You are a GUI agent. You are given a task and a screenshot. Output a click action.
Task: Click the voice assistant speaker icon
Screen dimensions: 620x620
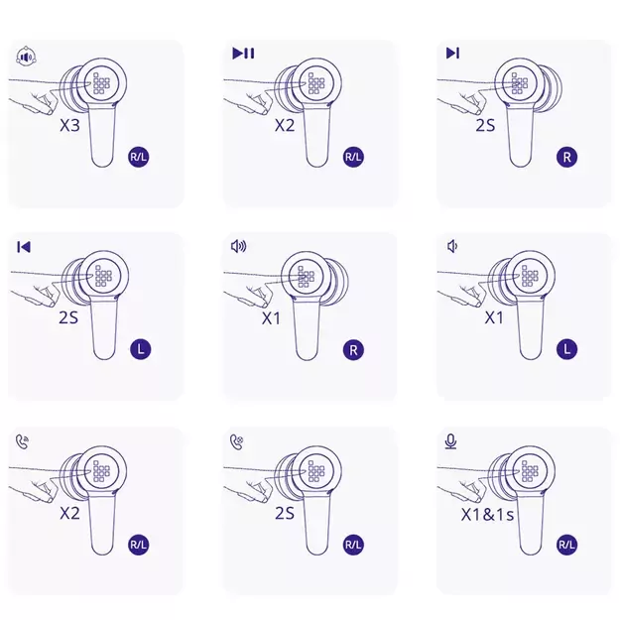pyautogui.click(x=27, y=57)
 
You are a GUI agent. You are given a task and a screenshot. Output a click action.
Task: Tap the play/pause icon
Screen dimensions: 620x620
pyautogui.click(x=243, y=53)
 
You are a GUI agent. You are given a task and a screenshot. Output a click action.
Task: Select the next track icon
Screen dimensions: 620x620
pyautogui.click(x=452, y=53)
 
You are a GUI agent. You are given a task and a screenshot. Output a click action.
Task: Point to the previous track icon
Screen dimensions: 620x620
pyautogui.click(x=24, y=247)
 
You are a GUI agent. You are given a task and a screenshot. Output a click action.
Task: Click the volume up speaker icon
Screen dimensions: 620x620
pyautogui.click(x=238, y=246)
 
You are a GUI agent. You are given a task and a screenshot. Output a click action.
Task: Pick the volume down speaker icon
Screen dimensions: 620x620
pyautogui.click(x=452, y=246)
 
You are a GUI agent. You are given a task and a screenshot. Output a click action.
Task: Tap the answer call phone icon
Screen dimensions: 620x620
pyautogui.click(x=23, y=441)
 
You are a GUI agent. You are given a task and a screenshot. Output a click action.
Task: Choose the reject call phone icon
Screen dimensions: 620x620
pyautogui.click(x=237, y=441)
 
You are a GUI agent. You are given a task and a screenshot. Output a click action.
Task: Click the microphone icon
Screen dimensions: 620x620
pyautogui.click(x=450, y=441)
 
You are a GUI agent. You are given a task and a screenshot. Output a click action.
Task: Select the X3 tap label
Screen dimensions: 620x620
pyautogui.click(x=70, y=125)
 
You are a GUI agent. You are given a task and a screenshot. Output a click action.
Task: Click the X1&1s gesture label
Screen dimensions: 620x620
pyautogui.click(x=487, y=515)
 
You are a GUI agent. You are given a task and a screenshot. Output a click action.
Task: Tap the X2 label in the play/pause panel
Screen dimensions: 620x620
pyautogui.click(x=285, y=125)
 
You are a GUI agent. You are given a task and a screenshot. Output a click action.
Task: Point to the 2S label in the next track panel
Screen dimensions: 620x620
pyautogui.click(x=485, y=125)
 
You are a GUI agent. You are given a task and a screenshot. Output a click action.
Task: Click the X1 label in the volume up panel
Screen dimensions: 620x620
pyautogui.click(x=271, y=317)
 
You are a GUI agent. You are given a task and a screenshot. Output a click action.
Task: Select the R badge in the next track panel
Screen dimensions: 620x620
pyautogui.click(x=567, y=157)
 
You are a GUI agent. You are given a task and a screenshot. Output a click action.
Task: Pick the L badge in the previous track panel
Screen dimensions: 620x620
pyautogui.click(x=141, y=349)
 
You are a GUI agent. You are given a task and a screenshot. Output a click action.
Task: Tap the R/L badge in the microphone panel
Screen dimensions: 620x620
pyautogui.click(x=566, y=545)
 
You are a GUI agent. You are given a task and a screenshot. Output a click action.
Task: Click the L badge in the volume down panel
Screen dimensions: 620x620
pyautogui.click(x=567, y=349)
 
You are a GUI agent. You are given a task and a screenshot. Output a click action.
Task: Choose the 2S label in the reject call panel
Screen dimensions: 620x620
pyautogui.click(x=285, y=513)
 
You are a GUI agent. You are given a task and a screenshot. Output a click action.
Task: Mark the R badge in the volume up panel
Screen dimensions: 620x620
pyautogui.click(x=353, y=350)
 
